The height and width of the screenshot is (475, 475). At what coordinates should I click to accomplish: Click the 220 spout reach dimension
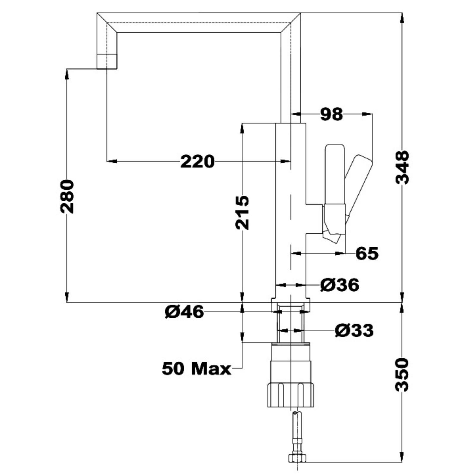click(x=197, y=162)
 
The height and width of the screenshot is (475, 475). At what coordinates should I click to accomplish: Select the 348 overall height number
click(x=403, y=167)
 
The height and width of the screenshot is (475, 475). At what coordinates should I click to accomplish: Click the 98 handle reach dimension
click(x=331, y=114)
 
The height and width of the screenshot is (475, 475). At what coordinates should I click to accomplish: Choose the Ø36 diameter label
click(x=340, y=285)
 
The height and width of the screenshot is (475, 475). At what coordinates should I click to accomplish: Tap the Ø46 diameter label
click(x=184, y=312)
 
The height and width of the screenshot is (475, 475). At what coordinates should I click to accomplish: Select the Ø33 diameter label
click(x=354, y=330)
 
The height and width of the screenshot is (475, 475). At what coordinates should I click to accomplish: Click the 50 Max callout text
click(x=196, y=369)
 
